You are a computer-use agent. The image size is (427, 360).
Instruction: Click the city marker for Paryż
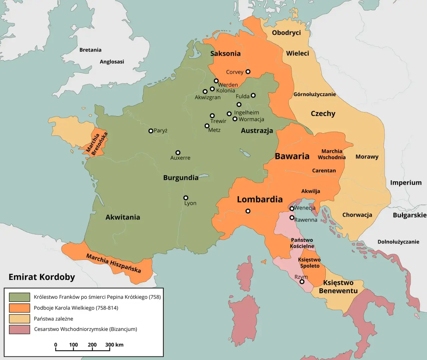(151, 131)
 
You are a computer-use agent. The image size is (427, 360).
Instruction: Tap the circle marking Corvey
(248, 72)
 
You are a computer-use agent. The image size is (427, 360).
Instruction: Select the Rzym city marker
(302, 282)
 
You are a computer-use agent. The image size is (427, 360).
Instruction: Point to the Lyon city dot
(186, 198)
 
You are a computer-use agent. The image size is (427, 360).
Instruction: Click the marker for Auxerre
(178, 152)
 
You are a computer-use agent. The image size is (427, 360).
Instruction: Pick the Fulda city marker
(253, 95)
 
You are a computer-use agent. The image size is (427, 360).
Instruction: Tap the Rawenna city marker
(292, 218)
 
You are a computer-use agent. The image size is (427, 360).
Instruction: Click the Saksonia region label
(225, 53)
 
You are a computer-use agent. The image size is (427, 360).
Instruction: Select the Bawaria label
(292, 156)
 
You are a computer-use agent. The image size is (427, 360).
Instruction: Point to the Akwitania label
(123, 217)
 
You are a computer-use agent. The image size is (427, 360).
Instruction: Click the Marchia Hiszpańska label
(113, 263)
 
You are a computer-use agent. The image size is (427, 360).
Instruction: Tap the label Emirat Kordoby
(42, 277)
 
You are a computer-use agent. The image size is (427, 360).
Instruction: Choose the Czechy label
(323, 113)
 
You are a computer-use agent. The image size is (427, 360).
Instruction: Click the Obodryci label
(286, 33)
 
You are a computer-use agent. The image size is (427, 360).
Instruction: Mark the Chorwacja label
(357, 215)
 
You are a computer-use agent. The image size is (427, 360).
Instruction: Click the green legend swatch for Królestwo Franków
(19, 297)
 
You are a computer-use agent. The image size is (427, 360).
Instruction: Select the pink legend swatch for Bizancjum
(19, 329)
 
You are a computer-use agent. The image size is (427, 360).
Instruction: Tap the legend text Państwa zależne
(53, 319)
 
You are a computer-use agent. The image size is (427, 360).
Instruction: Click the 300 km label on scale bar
(114, 345)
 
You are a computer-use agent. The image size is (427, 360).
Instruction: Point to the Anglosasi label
(112, 62)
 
